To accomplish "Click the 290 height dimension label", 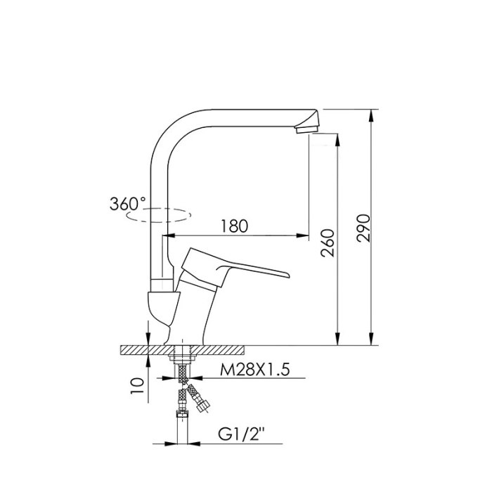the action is pyautogui.click(x=363, y=228).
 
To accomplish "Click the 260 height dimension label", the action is pyautogui.click(x=328, y=243).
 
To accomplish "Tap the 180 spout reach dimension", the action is pyautogui.click(x=234, y=226).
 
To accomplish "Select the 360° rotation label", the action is pyautogui.click(x=128, y=204).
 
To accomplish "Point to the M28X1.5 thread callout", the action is pyautogui.click(x=254, y=370).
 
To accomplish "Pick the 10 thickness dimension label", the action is pyautogui.click(x=137, y=386).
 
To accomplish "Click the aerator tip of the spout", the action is pyautogui.click(x=306, y=129).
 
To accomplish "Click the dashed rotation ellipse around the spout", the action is pyautogui.click(x=158, y=215).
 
